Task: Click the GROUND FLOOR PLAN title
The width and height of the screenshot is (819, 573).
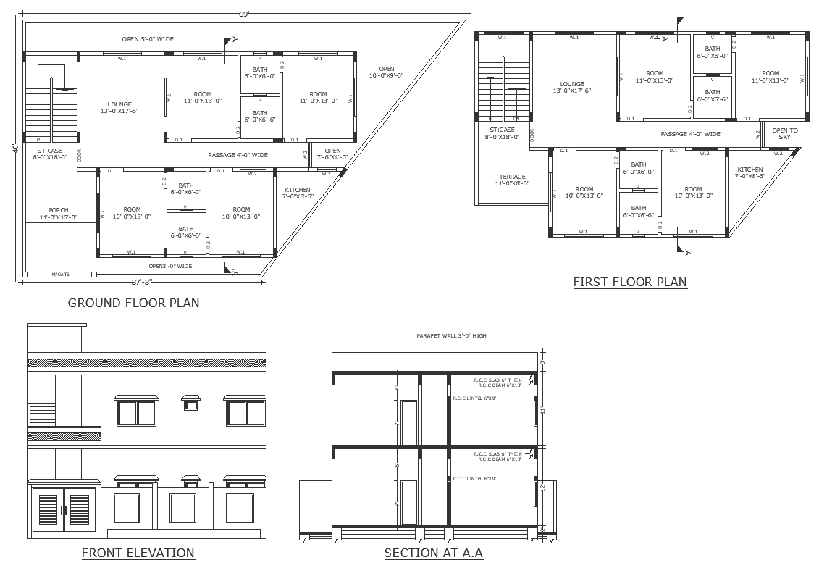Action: (134, 303)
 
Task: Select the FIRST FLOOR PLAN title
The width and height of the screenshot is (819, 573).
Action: (629, 282)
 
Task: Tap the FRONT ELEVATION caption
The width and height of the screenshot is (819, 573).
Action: (138, 553)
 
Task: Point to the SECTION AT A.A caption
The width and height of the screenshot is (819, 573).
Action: (433, 553)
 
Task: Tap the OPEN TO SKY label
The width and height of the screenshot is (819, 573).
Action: (784, 134)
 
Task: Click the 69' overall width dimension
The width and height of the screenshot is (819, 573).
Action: (243, 14)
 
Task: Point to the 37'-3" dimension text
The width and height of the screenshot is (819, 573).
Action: (143, 282)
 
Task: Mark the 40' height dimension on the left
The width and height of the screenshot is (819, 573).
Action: (15, 148)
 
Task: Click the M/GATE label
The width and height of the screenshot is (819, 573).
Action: (61, 275)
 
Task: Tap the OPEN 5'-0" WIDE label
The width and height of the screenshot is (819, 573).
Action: (148, 39)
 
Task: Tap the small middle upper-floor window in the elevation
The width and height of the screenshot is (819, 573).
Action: (190, 403)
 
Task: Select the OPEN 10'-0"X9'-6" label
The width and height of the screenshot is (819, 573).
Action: (386, 72)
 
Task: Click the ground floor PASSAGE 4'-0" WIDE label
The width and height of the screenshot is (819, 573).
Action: (238, 155)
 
